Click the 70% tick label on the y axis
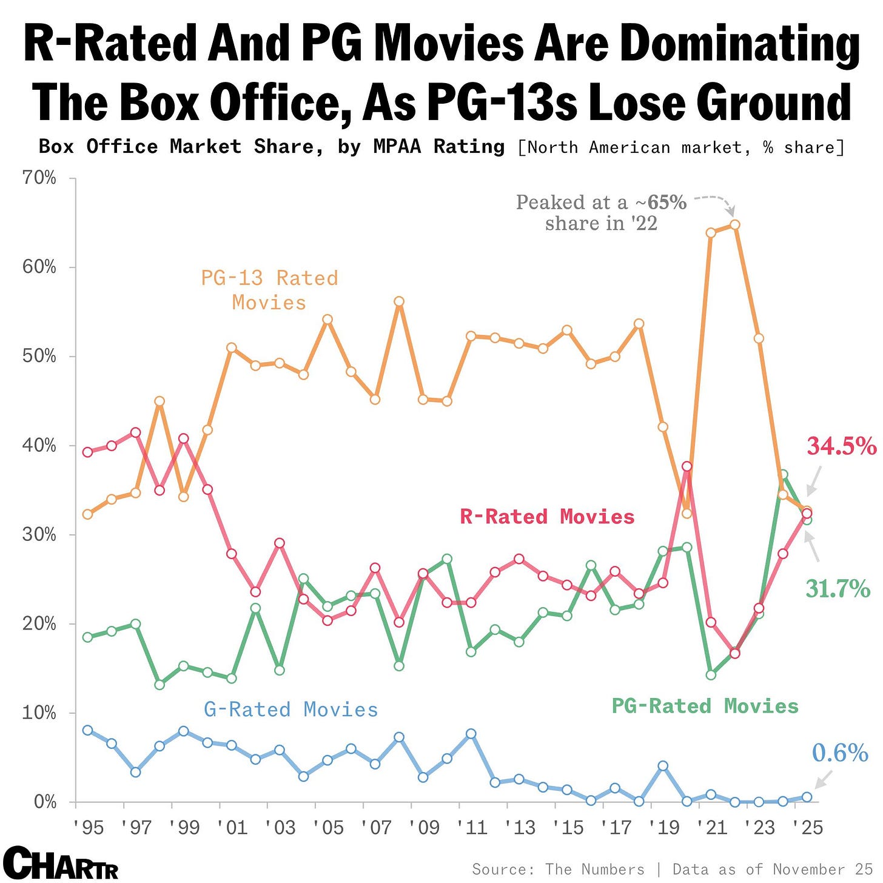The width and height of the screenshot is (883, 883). point(39,178)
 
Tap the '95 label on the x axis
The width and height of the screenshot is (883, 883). point(88,828)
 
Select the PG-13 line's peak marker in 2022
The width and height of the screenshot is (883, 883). point(735,224)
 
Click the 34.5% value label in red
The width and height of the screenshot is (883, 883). point(841,446)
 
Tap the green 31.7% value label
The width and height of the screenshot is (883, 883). point(838,589)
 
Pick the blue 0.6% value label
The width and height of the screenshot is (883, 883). point(840,753)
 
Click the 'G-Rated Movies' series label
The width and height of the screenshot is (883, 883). point(290,710)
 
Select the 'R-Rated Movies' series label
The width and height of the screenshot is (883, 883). point(547,517)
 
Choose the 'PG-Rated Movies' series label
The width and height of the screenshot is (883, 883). point(705,707)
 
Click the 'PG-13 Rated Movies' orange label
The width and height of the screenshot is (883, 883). point(269,290)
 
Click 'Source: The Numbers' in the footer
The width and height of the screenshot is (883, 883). point(558,870)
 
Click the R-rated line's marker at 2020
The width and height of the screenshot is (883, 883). point(687,466)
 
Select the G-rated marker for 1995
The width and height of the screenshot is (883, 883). point(88,730)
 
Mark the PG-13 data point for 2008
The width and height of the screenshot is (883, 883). point(399,301)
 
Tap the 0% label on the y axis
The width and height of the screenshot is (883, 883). point(45,802)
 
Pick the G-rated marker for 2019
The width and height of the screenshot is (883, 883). point(663,766)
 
